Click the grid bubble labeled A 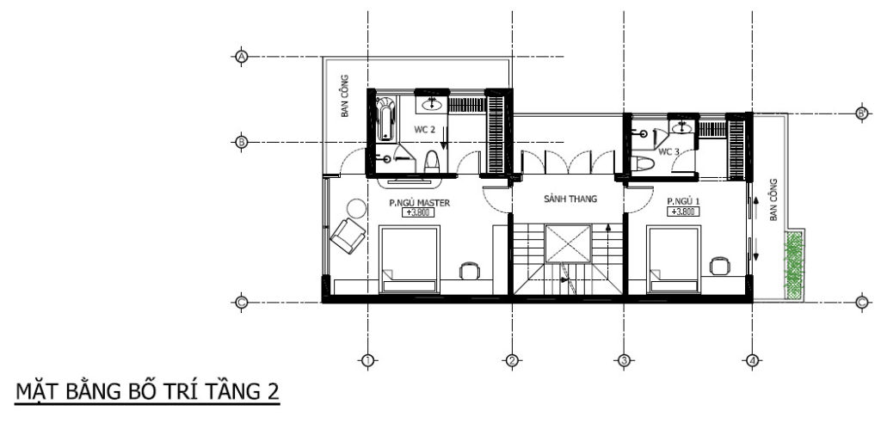pyautogui.click(x=242, y=57)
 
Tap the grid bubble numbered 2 pyautogui.click(x=511, y=360)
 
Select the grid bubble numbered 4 pyautogui.click(x=752, y=360)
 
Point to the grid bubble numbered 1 pyautogui.click(x=367, y=360)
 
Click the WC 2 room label pyautogui.click(x=425, y=130)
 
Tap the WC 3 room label pyautogui.click(x=668, y=151)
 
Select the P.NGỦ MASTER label pyautogui.click(x=420, y=203)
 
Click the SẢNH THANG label pyautogui.click(x=570, y=199)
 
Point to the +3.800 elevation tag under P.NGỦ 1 pyautogui.click(x=683, y=211)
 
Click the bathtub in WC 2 pyautogui.click(x=385, y=119)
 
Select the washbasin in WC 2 pyautogui.click(x=432, y=104)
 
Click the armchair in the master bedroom pyautogui.click(x=348, y=236)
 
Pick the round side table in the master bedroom pyautogui.click(x=356, y=210)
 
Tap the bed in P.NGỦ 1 pyautogui.click(x=674, y=259)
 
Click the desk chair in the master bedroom pyautogui.click(x=469, y=271)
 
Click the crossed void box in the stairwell pyautogui.click(x=568, y=244)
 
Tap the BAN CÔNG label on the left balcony pyautogui.click(x=345, y=96)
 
